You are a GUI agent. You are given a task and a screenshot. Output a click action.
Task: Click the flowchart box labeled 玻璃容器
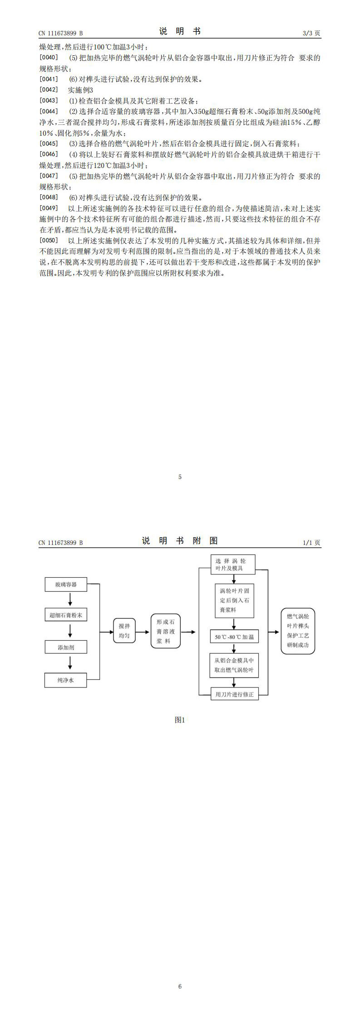click(x=66, y=584)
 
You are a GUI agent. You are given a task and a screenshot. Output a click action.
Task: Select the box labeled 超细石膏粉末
click(x=66, y=615)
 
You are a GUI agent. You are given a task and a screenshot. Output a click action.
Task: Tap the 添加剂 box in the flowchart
click(x=66, y=647)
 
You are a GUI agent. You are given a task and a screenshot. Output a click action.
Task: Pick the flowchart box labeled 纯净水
click(x=66, y=680)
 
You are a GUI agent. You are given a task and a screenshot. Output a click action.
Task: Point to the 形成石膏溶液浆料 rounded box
click(x=166, y=631)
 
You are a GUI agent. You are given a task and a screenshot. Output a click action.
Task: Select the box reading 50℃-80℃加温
click(x=234, y=637)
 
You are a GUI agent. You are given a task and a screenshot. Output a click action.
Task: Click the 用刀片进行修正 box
click(x=234, y=694)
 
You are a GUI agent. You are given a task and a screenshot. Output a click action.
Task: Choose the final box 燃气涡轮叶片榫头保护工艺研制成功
click(x=298, y=631)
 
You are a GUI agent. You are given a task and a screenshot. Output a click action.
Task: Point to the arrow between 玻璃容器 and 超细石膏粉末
click(x=70, y=600)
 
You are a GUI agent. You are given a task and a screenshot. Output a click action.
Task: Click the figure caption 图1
click(x=180, y=719)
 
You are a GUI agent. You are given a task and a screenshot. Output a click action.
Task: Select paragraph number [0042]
click(x=49, y=89)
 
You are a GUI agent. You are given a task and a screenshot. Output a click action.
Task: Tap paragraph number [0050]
click(x=49, y=240)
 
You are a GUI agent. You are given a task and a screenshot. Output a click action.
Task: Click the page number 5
click(x=180, y=477)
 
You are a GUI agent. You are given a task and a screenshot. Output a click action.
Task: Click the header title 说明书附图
click(x=180, y=540)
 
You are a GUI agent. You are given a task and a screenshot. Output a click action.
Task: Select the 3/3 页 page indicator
click(x=311, y=33)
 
